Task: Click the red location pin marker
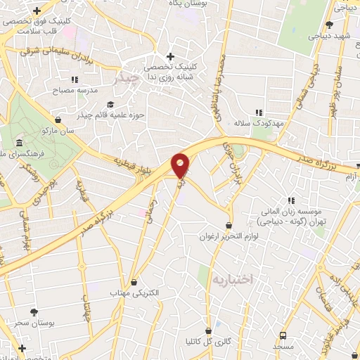[x=181, y=165]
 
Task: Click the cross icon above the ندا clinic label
[x=170, y=56]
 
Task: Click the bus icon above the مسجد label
[x=283, y=336]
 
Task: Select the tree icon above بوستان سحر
[x=34, y=312]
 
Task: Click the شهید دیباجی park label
[x=330, y=34]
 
